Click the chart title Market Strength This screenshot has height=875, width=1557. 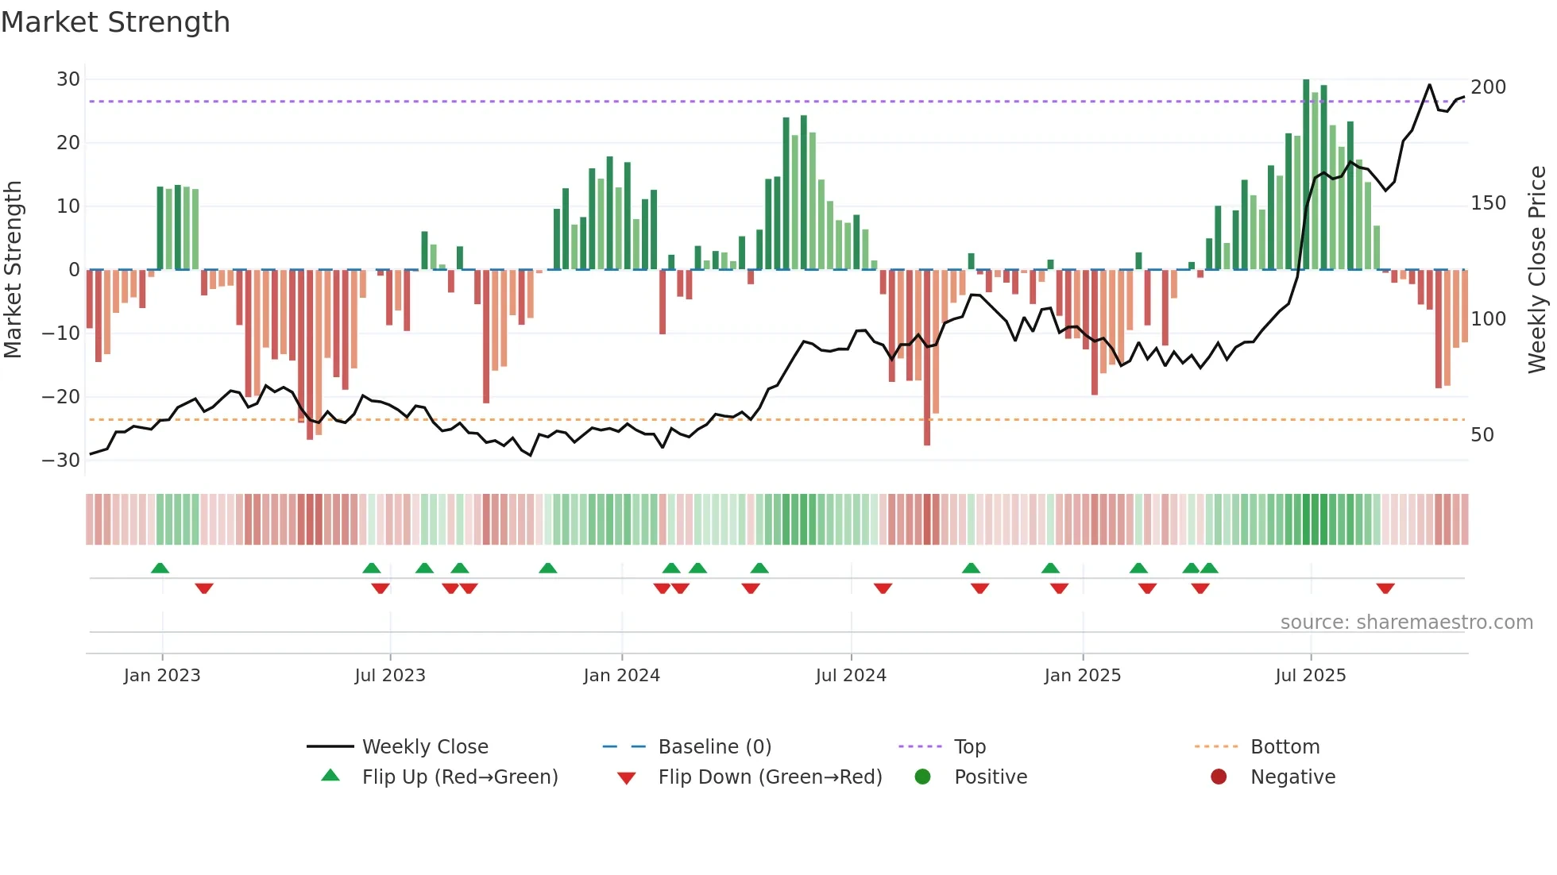point(115,22)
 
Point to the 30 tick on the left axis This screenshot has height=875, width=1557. point(68,79)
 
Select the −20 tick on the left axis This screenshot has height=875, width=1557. point(61,397)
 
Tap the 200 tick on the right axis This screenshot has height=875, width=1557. point(1488,87)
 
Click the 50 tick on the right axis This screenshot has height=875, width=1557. point(1482,435)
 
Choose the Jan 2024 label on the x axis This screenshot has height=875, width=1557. point(621,676)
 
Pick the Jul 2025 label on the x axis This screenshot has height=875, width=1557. point(1310,676)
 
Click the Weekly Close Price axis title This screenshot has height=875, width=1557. point(1537,270)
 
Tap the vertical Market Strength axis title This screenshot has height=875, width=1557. point(14,270)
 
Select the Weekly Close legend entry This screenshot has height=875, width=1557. point(425,747)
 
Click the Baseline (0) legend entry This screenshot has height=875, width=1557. point(714,747)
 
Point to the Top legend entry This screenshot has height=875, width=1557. point(969,747)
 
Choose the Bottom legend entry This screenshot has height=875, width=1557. point(1285,747)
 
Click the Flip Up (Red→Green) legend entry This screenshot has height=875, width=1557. point(460,777)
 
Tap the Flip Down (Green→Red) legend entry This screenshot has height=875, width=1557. point(770,777)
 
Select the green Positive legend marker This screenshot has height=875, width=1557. point(922,777)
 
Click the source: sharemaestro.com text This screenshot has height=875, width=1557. point(1406,623)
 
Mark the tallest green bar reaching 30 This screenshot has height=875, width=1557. point(1306,175)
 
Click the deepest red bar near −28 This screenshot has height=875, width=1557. point(927,357)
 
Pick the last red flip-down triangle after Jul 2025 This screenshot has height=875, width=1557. point(1385,588)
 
